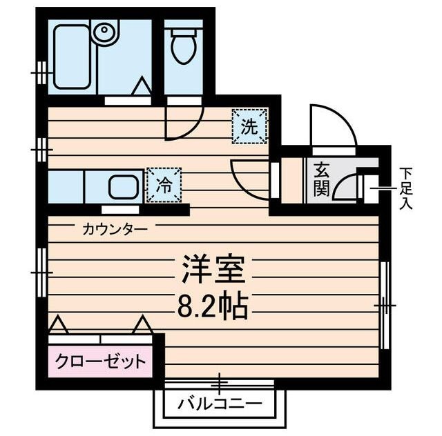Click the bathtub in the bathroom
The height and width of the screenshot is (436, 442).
pos(72,57)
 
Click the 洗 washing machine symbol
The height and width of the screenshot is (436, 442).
pos(248,126)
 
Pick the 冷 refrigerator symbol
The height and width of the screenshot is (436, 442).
pos(164,185)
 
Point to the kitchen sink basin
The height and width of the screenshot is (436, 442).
pos(124,187)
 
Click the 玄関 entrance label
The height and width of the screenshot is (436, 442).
pos(320,179)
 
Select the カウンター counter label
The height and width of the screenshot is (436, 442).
pos(114,228)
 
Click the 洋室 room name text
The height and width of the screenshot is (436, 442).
pos(213,270)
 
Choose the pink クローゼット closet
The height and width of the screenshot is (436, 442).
pos(101,361)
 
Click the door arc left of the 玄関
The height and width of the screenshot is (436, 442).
pos(250,177)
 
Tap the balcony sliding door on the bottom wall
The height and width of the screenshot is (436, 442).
pos(220,383)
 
